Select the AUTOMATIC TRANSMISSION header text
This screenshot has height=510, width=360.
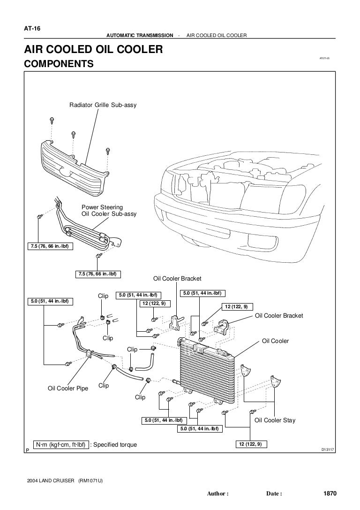[140, 36]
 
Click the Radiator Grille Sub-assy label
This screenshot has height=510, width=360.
[103, 105]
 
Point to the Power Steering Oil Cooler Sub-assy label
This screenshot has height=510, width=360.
[109, 210]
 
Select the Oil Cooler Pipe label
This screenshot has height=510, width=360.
[68, 388]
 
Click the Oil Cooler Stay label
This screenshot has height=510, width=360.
[275, 420]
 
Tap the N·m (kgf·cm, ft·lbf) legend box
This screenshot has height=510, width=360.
[59, 444]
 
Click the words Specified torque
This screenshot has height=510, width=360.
[115, 444]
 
